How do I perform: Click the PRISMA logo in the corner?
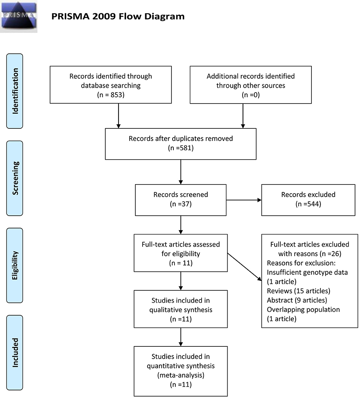pos(18,16)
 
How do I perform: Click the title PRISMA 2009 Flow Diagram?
pos(118,17)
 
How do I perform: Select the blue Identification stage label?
pos(15,91)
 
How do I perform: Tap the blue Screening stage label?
pos(15,178)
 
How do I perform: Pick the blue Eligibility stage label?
pos(15,265)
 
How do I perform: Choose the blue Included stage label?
pos(15,352)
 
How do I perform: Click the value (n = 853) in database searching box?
pos(111,95)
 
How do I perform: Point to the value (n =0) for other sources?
pos(251,95)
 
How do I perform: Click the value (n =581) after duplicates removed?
pos(181,148)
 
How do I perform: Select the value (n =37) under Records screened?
pos(181,204)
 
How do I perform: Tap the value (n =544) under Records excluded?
pos(308,204)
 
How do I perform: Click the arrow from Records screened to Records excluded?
pos(244,200)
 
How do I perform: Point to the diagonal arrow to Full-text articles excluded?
pos(245,267)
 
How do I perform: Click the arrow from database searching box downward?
pos(118,116)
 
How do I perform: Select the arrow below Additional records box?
pos(243,116)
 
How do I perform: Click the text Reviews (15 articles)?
pos(298,291)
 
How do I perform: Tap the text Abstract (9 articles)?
pos(297,300)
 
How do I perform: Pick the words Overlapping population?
pos(303,310)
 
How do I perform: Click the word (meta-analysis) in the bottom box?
pos(181,375)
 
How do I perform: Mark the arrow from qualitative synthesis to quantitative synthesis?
pos(181,337)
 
